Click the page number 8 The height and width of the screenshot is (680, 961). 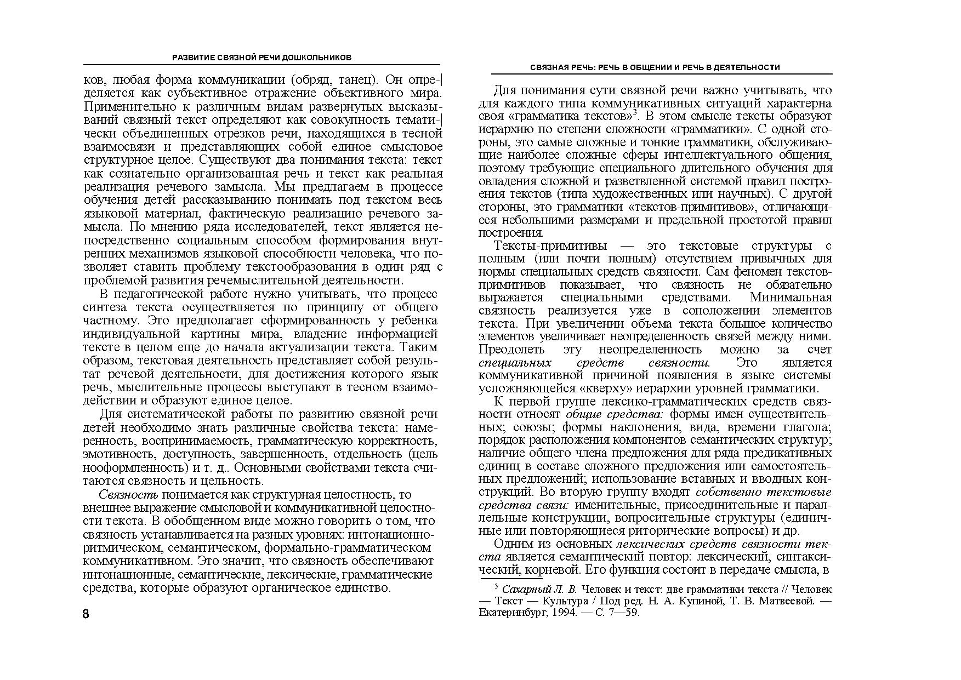pyautogui.click(x=86, y=613)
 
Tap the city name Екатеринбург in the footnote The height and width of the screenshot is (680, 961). pyautogui.click(x=511, y=613)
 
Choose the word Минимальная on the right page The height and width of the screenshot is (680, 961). pyautogui.click(x=791, y=298)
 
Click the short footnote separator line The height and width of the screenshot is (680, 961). pyautogui.click(x=511, y=578)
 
